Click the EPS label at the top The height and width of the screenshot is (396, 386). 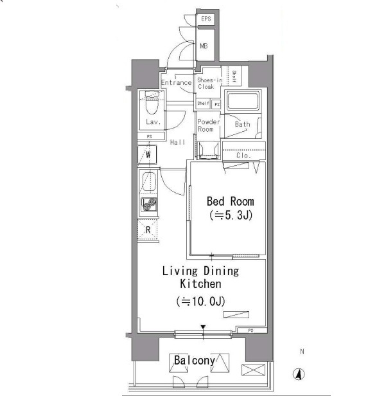[206, 19]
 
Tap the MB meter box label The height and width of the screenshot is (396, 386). [204, 46]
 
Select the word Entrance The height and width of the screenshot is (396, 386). [177, 82]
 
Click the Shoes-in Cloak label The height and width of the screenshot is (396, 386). [209, 84]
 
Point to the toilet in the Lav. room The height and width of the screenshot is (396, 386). [152, 104]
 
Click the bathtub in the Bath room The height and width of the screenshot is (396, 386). [243, 101]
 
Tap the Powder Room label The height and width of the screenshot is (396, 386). [208, 125]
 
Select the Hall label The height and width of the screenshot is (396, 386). [177, 142]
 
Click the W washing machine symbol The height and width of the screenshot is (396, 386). [147, 154]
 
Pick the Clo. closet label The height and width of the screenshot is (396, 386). [243, 156]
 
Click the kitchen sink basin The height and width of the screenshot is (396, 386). [149, 181]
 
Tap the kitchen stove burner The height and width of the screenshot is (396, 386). [149, 204]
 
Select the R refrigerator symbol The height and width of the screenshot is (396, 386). [148, 230]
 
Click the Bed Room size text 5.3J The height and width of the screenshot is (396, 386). [231, 215]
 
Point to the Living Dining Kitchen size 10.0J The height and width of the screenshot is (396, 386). [200, 301]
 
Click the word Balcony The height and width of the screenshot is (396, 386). [194, 361]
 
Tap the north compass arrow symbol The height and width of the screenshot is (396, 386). [299, 374]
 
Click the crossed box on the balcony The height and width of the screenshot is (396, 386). [253, 370]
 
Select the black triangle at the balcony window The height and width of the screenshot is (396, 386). [203, 327]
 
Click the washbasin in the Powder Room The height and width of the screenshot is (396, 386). [208, 150]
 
